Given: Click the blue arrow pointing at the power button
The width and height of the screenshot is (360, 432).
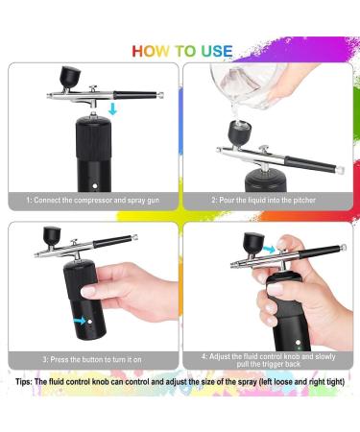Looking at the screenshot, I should pyautogui.click(x=82, y=321).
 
